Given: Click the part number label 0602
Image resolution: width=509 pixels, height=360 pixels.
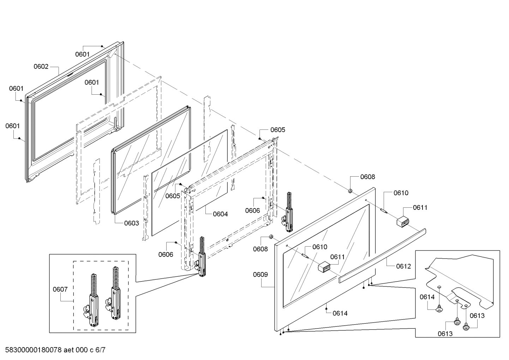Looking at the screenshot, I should [x=41, y=66].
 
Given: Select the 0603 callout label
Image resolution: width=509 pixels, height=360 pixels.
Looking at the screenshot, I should [x=131, y=223].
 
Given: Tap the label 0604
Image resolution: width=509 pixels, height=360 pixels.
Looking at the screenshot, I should [x=220, y=214].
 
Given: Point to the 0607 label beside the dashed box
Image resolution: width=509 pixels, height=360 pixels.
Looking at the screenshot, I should [x=60, y=289].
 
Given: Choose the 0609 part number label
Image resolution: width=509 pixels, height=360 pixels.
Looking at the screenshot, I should [x=260, y=275].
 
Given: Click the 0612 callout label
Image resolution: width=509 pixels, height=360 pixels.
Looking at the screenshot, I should [x=403, y=266].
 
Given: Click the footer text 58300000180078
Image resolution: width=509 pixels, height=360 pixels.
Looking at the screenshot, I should [x=33, y=350].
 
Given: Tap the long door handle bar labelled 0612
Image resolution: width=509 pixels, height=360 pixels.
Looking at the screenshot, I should [x=383, y=253].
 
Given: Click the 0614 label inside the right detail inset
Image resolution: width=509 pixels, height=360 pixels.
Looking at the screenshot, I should [x=427, y=297].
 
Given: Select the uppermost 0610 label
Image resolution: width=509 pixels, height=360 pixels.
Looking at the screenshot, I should [x=401, y=193].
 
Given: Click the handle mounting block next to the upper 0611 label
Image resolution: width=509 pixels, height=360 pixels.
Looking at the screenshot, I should [x=402, y=222].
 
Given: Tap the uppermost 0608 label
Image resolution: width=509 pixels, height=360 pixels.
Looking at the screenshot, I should [x=367, y=177].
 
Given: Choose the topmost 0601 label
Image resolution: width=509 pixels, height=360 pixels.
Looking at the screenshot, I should [x=82, y=54].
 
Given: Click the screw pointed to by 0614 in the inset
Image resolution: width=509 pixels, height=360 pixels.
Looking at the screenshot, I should [x=439, y=309].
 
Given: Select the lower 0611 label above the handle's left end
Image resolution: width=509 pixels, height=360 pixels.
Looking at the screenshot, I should [x=337, y=257].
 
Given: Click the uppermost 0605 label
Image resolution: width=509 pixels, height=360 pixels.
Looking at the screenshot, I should [x=278, y=130].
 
